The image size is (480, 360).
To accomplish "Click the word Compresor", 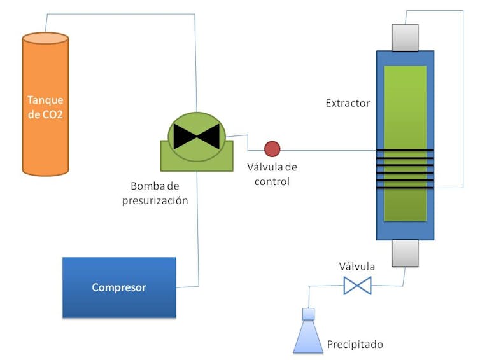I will pos(119,287).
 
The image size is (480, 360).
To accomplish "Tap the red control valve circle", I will pos(272,149).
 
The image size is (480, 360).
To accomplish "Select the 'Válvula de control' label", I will pos(272,174).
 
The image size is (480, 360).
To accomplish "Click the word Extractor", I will pos(348,103).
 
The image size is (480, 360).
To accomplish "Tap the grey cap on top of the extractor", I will pos(405,38).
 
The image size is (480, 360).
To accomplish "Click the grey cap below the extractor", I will pos(405,253).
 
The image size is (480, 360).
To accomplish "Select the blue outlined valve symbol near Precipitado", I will pos(357,286).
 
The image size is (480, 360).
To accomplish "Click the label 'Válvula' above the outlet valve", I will pos(356,267).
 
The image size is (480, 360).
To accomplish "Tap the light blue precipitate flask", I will pos(309,337).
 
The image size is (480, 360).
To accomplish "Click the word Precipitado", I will pos(355,345).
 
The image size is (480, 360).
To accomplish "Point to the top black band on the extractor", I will pos(405,150).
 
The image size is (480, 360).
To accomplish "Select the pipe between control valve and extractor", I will pos(328,150).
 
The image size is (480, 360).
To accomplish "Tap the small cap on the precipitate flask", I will pos(309,314).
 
